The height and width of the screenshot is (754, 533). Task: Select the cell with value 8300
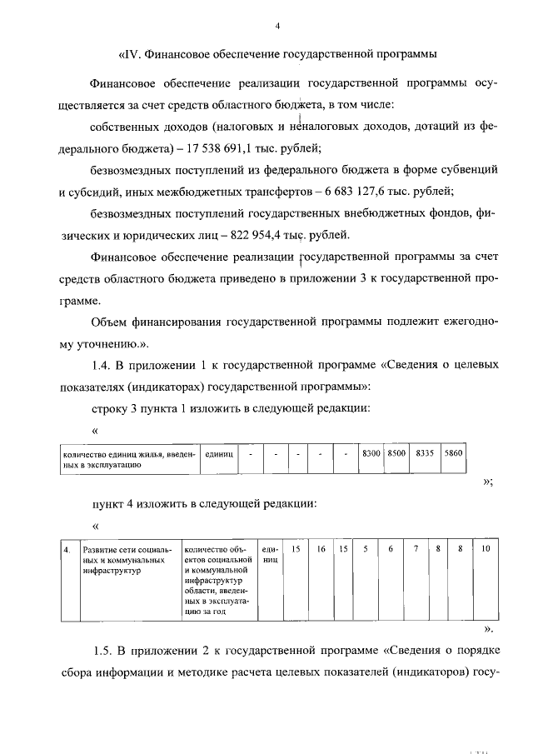click(371, 454)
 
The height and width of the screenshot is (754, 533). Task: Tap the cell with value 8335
click(426, 454)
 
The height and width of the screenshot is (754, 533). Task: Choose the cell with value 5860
click(454, 454)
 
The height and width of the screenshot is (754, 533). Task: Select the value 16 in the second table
click(321, 551)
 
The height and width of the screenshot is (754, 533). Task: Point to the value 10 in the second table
click(486, 551)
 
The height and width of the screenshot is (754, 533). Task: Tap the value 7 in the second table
click(415, 551)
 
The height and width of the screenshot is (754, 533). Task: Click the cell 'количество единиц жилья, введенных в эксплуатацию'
click(129, 460)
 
